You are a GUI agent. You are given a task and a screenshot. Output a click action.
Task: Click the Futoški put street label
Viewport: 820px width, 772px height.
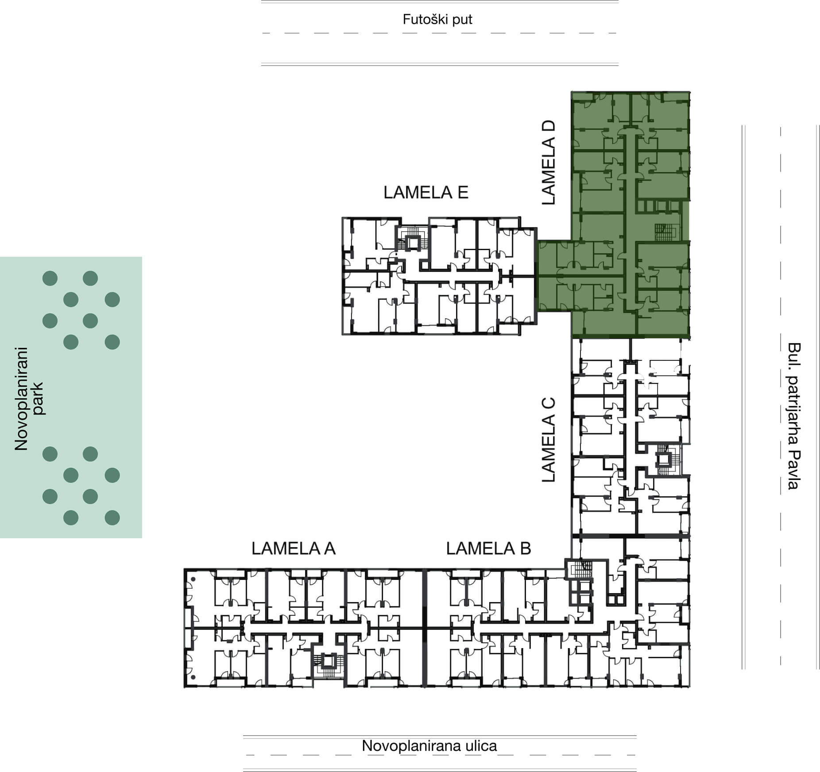[437, 19]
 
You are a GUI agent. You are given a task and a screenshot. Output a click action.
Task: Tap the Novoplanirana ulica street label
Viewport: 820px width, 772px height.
[429, 745]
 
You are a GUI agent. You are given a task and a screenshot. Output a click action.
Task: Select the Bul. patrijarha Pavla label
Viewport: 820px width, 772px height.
[794, 416]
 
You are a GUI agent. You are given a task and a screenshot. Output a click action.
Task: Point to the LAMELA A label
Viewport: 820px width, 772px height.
[293, 548]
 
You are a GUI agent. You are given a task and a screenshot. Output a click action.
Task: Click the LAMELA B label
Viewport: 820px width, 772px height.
[488, 548]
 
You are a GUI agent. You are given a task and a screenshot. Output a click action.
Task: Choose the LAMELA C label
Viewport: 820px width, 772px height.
[548, 440]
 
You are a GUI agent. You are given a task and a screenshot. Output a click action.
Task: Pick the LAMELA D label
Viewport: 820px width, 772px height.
[548, 162]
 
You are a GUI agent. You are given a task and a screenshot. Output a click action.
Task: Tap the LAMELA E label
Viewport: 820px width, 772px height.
[425, 193]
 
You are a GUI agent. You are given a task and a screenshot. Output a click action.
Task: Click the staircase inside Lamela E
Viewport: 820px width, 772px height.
[412, 240]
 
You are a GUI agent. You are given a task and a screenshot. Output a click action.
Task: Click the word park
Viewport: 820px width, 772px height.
[38, 399]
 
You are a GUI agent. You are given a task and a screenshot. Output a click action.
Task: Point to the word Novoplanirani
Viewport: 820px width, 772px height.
[21, 399]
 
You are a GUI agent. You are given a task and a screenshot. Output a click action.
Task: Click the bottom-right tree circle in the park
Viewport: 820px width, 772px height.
[112, 517]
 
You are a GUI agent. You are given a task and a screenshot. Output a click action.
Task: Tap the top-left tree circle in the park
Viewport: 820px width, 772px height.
[50, 278]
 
